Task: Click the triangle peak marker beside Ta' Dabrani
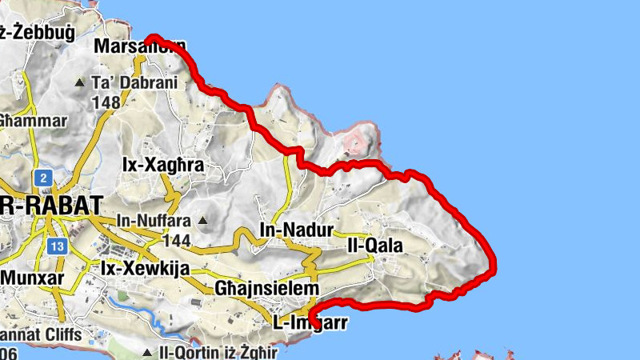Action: point(79,82)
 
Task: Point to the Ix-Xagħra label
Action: point(163,165)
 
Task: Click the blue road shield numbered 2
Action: point(42,177)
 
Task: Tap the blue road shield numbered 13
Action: point(55,246)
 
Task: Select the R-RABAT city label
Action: point(51,204)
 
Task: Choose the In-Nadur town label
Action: point(296,230)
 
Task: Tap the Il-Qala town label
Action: point(374,245)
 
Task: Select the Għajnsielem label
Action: point(266,288)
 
